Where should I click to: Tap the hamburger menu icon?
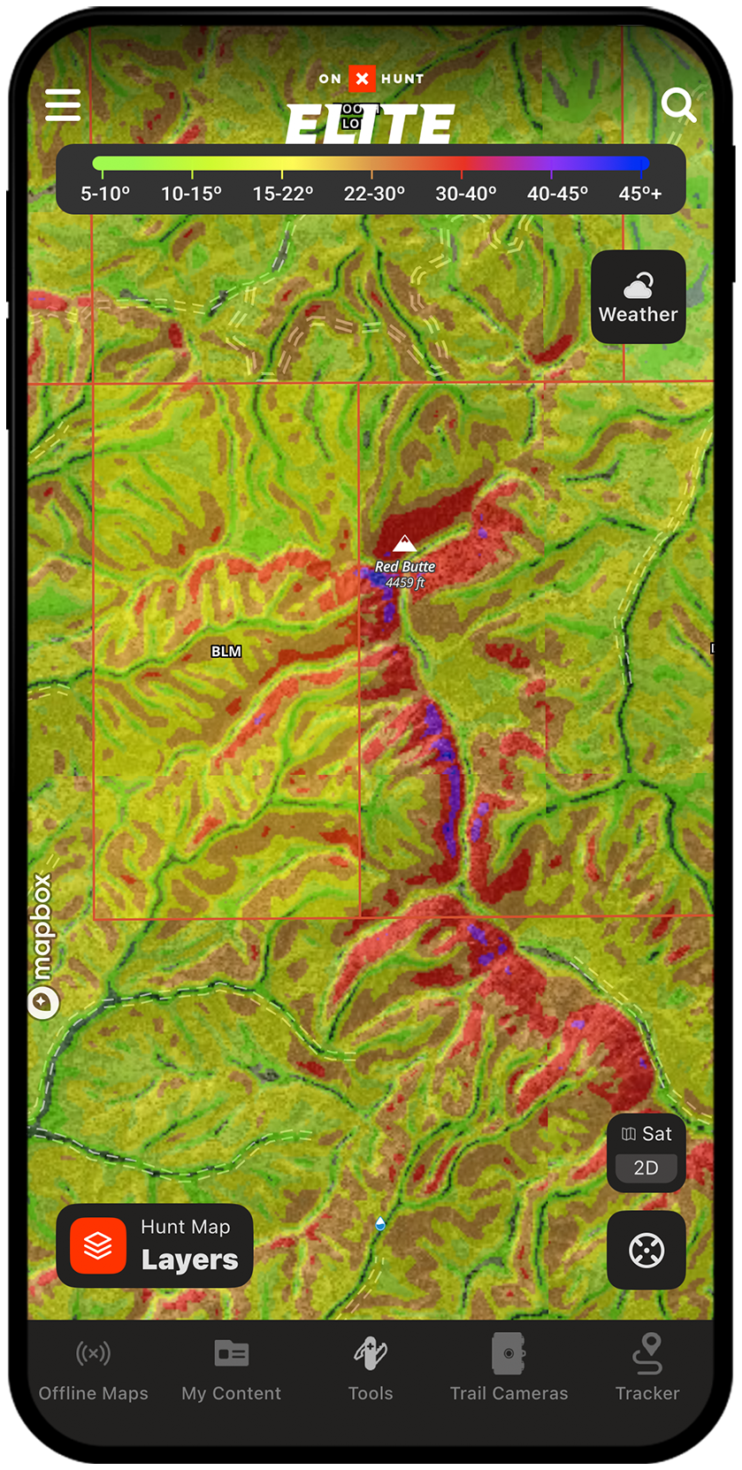[63, 105]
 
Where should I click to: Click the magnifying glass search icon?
[678, 105]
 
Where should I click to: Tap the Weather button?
[638, 297]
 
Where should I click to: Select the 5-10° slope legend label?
[105, 194]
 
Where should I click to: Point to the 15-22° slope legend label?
[283, 194]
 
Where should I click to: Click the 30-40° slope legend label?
[466, 194]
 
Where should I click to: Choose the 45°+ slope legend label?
[640, 194]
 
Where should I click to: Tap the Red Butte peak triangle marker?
[405, 542]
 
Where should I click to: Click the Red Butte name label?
[405, 566]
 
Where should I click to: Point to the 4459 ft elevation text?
[405, 583]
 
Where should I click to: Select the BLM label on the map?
[226, 652]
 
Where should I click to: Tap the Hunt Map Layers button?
[155, 1245]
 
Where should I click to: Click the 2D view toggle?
[646, 1168]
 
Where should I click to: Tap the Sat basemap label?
[647, 1134]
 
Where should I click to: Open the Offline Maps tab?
[94, 1369]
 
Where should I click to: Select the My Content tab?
[232, 1369]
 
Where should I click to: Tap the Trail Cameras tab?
[509, 1369]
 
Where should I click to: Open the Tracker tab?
[647, 1369]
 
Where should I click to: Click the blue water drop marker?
[380, 1223]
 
